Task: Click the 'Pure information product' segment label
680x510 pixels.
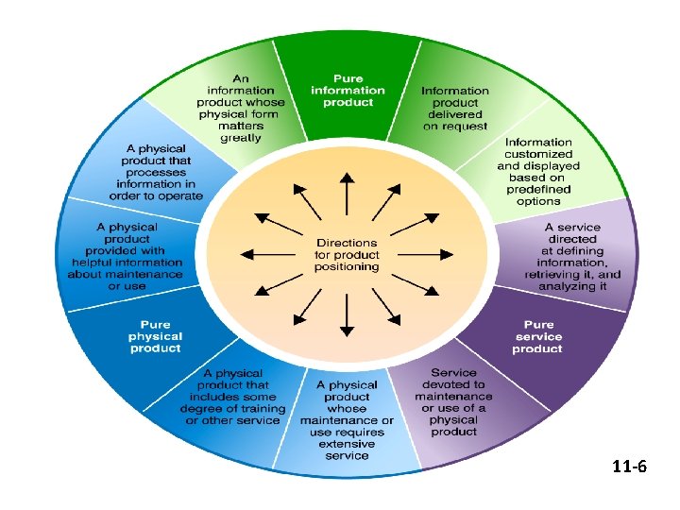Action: pos(348,90)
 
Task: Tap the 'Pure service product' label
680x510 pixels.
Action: pos(538,336)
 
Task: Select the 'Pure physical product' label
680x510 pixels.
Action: pos(156,336)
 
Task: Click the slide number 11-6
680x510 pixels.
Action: pos(629,467)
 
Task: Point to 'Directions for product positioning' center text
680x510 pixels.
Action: pos(348,255)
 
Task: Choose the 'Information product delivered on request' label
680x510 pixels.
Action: pos(455,108)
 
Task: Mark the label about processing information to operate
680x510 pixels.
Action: pos(153,172)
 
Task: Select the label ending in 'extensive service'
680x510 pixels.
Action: pos(348,420)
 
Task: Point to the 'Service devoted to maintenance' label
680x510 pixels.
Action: pos(453,402)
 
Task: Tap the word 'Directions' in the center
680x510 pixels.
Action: pos(348,243)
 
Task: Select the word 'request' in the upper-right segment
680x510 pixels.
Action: pos(455,126)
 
